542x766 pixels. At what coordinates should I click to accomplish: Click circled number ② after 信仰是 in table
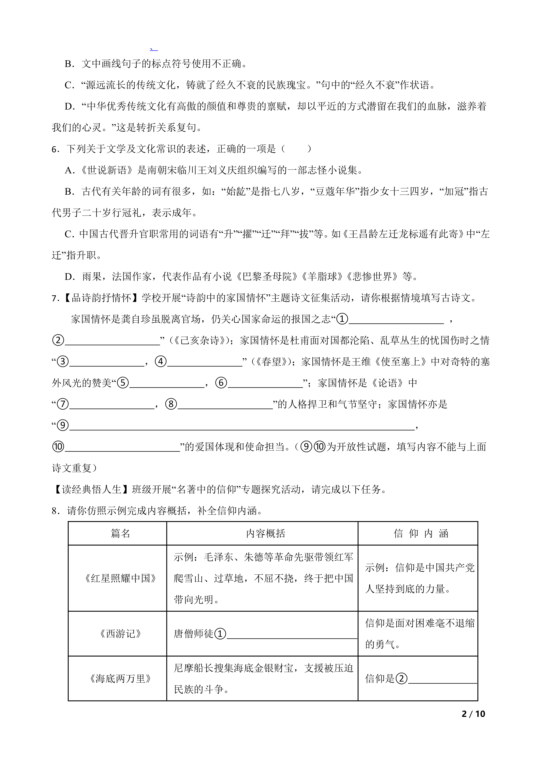tap(401, 679)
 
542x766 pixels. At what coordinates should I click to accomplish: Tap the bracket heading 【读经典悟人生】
tap(91, 489)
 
